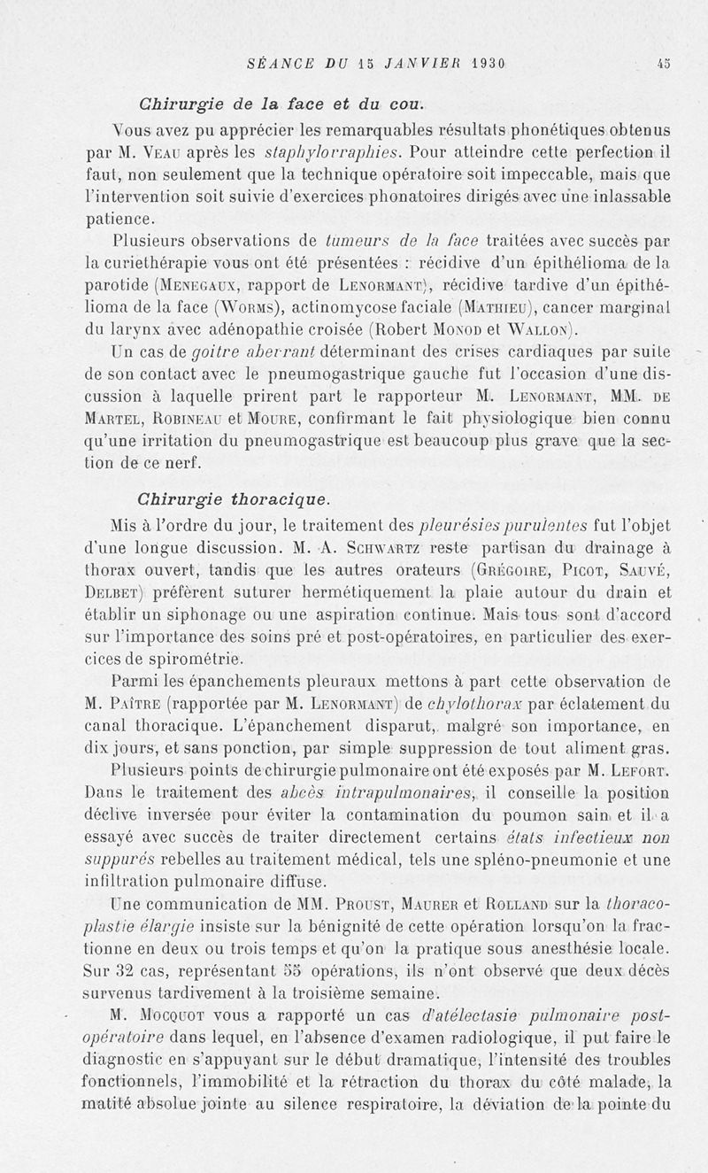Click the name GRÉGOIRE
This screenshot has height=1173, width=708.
517,570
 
